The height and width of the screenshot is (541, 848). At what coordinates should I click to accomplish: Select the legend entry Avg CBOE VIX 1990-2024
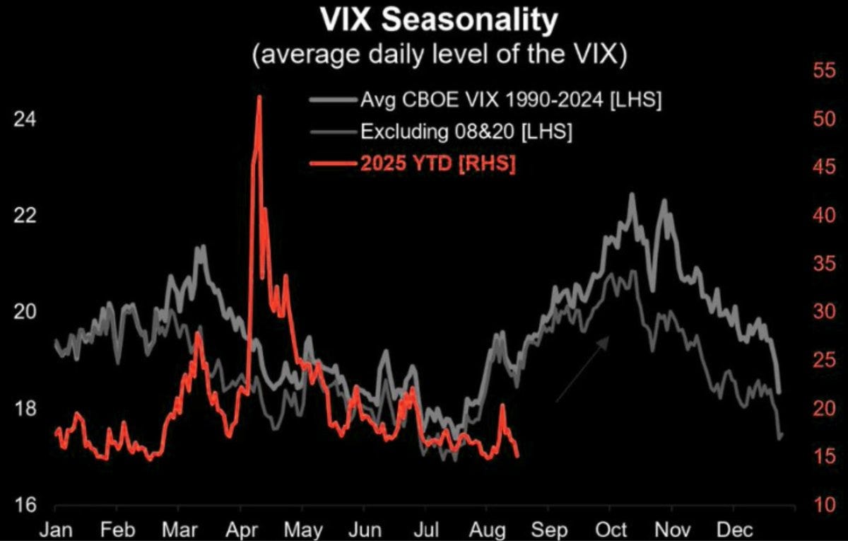pyautogui.click(x=511, y=100)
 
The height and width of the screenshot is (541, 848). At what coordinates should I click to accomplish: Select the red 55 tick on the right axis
pyautogui.click(x=813, y=70)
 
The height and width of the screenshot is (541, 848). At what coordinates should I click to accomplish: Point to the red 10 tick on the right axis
pyautogui.click(x=813, y=505)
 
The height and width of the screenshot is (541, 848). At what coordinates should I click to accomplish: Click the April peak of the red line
pyautogui.click(x=259, y=97)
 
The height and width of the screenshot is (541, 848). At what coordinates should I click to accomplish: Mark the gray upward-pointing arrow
pyautogui.click(x=582, y=369)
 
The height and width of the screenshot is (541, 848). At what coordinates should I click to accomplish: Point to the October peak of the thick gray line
pyautogui.click(x=631, y=194)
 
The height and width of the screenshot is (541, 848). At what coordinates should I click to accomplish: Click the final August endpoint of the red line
pyautogui.click(x=518, y=456)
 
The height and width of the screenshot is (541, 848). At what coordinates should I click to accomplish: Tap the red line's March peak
pyautogui.click(x=198, y=333)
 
